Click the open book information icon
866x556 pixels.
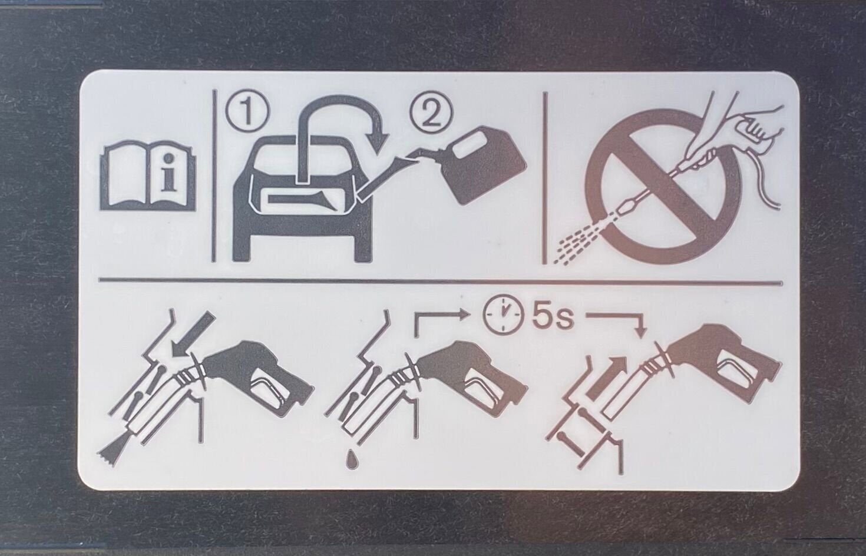click(148, 178)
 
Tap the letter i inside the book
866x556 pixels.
click(168, 173)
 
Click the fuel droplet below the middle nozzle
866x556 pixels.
click(351, 459)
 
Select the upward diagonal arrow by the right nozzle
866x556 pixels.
click(606, 378)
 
